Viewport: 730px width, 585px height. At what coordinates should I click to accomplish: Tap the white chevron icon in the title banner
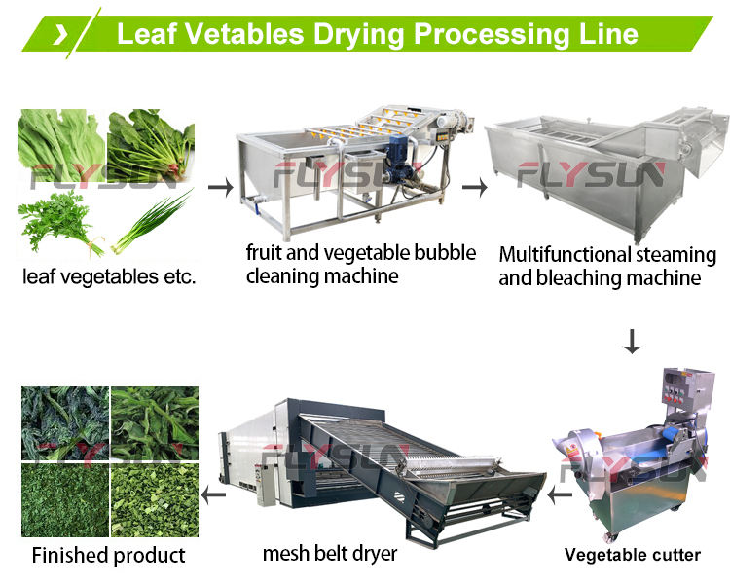[x=60, y=34]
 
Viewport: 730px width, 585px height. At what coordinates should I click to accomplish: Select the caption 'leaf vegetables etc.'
[x=109, y=276]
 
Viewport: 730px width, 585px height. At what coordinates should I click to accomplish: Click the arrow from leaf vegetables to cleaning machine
[x=221, y=185]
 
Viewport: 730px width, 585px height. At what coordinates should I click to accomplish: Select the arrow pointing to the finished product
[x=213, y=497]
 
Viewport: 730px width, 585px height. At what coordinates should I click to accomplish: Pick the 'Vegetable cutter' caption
[x=633, y=555]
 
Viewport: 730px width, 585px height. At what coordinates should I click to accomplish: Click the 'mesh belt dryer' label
[x=330, y=554]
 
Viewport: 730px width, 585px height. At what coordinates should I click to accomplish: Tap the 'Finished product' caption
[x=108, y=556]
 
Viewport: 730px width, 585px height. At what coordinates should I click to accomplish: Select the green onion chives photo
[x=151, y=222]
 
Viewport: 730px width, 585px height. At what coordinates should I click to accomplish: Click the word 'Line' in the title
[x=604, y=34]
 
